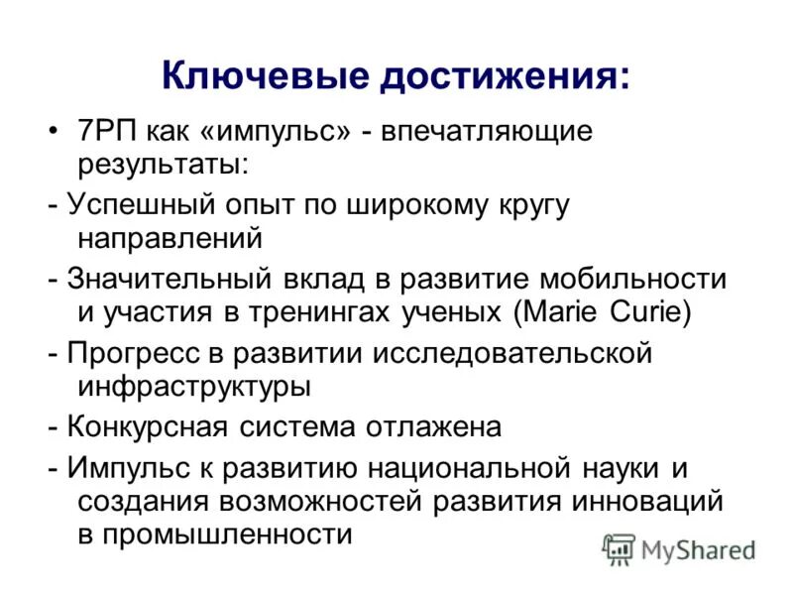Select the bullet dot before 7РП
pyautogui.click(x=54, y=132)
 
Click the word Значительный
pyautogui.click(x=158, y=279)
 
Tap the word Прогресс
pyautogui.click(x=130, y=353)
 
